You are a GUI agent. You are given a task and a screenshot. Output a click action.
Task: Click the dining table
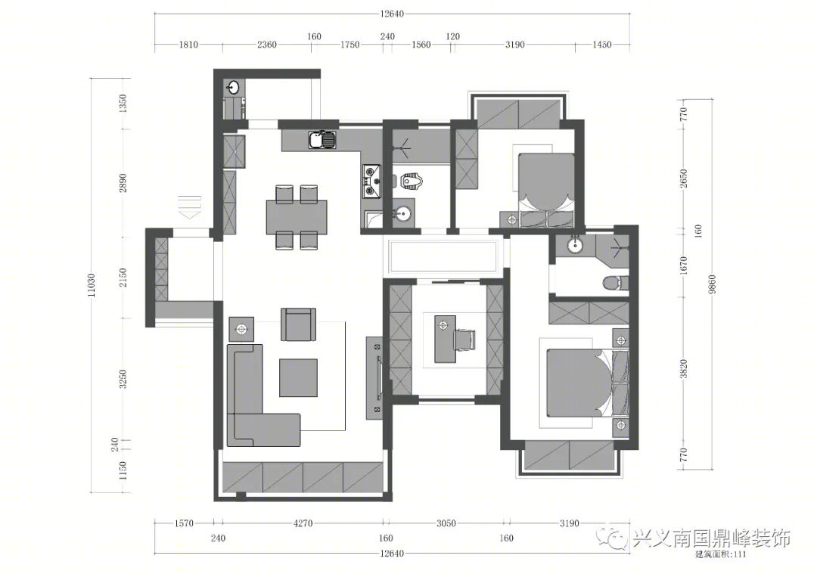297,217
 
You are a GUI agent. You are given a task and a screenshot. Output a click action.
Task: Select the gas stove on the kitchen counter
372,182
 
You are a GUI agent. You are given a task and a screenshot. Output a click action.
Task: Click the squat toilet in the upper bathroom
412,180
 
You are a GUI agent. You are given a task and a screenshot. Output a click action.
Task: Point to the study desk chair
464,339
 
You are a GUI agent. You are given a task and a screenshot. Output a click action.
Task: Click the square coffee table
298,377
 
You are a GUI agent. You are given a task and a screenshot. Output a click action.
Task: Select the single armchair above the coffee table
299,324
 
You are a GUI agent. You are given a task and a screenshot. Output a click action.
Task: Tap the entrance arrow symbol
190,206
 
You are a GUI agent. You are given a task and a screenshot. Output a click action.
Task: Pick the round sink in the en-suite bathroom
575,244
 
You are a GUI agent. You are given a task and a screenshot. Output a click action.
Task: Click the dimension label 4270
303,523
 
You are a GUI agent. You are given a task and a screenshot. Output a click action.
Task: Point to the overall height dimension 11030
92,285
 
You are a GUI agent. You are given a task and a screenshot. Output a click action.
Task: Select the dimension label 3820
684,369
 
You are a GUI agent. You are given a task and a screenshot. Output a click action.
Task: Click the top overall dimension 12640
392,14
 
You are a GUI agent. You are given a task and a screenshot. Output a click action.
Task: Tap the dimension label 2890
123,183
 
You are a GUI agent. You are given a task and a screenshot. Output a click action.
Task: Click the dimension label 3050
446,523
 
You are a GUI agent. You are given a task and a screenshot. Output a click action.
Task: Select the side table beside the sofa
241,329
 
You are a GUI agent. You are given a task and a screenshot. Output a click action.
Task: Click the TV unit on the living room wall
375,377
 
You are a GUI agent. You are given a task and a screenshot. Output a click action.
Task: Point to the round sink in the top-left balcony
233,87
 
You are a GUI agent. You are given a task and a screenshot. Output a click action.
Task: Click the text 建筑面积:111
721,554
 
